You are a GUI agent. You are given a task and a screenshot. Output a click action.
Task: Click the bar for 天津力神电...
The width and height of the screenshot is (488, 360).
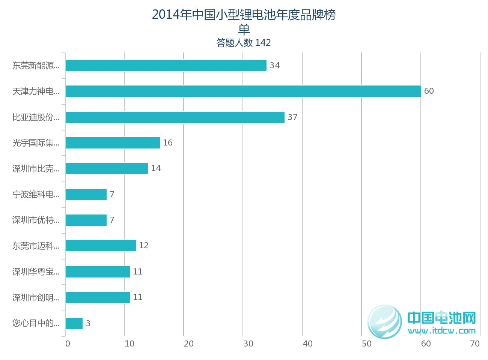coord(243,91)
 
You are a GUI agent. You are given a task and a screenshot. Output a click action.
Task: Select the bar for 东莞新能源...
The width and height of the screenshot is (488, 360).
coord(166,66)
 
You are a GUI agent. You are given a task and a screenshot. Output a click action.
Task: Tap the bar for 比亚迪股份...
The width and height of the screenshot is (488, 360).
coord(175,117)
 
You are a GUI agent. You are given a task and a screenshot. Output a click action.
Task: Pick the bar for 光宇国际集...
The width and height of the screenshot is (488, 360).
coord(113,143)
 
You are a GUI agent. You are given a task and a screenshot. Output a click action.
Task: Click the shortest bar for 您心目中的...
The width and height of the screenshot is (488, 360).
coord(74,324)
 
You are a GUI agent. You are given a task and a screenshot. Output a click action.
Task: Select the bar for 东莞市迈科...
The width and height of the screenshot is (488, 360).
coord(101,246)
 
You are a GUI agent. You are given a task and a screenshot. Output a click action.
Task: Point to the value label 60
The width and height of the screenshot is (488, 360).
coord(429,91)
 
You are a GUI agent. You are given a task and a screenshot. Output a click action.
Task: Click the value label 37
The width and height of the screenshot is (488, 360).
coord(292,117)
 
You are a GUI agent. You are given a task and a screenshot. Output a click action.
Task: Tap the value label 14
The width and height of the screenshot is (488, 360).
coord(156,168)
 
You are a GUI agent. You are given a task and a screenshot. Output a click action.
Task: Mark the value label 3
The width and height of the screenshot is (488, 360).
coord(88,324)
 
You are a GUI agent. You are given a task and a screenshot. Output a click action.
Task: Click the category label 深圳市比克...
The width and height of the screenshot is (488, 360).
coord(36,169)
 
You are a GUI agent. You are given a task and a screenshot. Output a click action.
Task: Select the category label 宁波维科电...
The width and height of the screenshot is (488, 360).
coord(36,195)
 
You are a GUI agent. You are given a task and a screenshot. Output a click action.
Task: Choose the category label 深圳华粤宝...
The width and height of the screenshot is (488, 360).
coord(36,272)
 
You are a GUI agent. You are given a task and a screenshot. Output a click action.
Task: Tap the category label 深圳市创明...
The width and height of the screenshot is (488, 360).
coord(36,298)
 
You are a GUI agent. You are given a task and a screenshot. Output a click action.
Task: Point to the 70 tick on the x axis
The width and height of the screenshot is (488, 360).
coord(475,344)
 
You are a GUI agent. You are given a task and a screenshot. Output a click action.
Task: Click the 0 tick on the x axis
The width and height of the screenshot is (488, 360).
coord(68,344)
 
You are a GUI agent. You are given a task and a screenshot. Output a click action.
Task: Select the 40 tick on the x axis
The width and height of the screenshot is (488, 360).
coord(307,344)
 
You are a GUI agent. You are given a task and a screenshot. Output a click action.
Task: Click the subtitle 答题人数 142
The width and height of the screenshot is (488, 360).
coord(243,43)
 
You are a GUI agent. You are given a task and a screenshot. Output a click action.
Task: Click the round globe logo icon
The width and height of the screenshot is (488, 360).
coord(385,321)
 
